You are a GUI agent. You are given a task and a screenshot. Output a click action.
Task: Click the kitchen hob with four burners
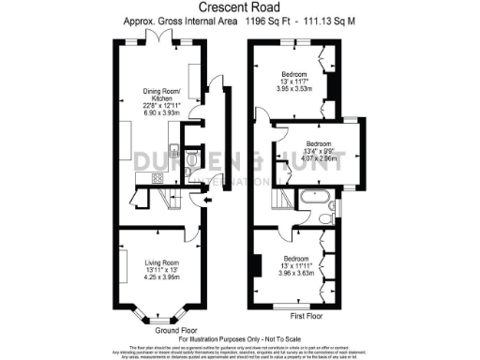pyautogui.click(x=155, y=177)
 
